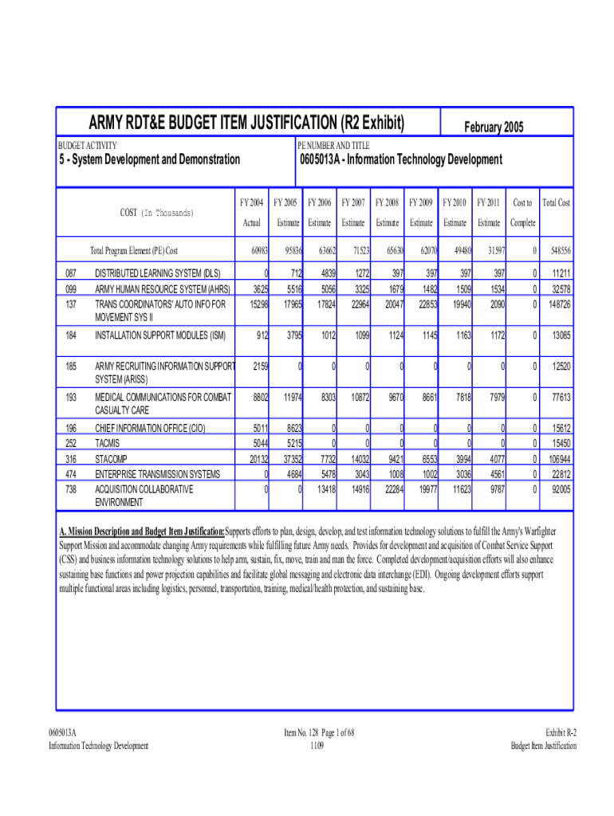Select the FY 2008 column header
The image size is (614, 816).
pyautogui.click(x=388, y=203)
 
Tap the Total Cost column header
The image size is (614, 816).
pyautogui.click(x=556, y=203)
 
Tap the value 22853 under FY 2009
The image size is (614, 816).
pyautogui.click(x=423, y=304)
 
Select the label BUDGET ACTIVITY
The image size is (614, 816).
pyautogui.click(x=88, y=146)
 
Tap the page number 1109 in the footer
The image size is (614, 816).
pyautogui.click(x=317, y=746)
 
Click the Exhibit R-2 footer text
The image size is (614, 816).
pyautogui.click(x=561, y=732)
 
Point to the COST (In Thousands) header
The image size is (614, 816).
pyautogui.click(x=156, y=213)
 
